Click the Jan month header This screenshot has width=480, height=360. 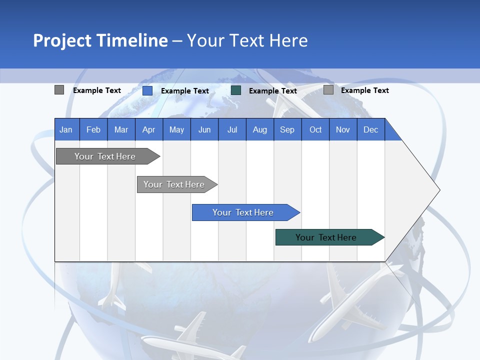click(x=66, y=129)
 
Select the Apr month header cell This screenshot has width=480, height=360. click(x=148, y=129)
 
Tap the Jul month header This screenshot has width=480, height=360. click(x=232, y=129)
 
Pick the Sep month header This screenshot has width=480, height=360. click(x=287, y=129)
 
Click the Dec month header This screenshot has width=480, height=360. click(x=370, y=129)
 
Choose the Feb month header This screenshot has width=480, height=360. click(x=93, y=129)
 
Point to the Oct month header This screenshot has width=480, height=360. click(x=315, y=129)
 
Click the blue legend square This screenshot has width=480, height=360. click(x=147, y=90)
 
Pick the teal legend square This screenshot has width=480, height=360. click(x=236, y=90)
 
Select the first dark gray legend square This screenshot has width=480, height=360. click(x=59, y=90)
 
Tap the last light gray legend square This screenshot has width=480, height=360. click(x=328, y=90)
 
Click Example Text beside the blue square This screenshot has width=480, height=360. click(x=185, y=91)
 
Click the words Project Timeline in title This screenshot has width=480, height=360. click(x=100, y=40)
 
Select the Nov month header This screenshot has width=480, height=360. click(x=343, y=129)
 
